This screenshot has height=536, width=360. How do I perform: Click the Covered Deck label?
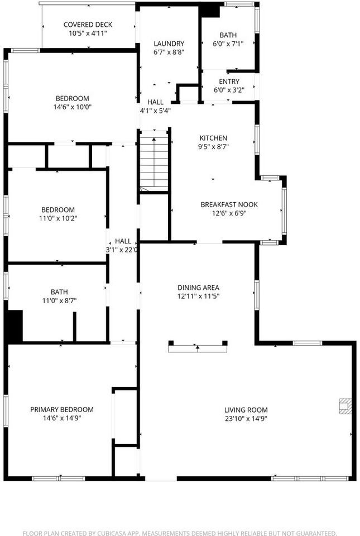pos(88,25)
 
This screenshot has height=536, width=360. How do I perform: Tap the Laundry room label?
pos(169,44)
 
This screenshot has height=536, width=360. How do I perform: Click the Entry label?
pos(228,82)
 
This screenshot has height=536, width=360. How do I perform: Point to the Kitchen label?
pos(214,138)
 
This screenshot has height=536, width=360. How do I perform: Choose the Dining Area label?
pos(198,287)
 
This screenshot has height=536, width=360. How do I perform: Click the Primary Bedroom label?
pos(61,409)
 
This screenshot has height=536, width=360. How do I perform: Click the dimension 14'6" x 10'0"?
pos(72,107)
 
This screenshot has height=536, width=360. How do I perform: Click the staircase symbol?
pos(153,162)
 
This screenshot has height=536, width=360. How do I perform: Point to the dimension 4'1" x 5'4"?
pos(155,111)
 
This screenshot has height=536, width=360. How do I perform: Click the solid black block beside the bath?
pos(14,327)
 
